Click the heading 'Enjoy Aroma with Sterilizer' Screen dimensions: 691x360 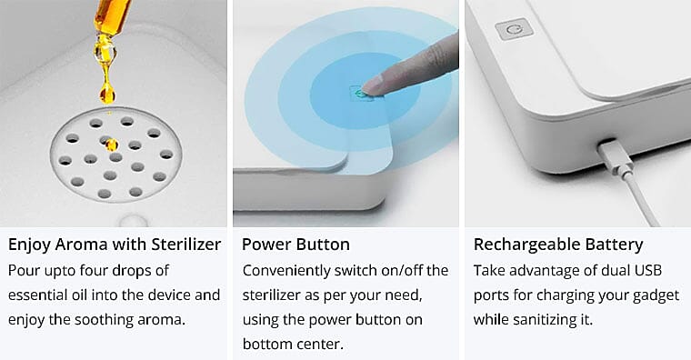pos(115,245)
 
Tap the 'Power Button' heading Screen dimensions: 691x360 pos(295,245)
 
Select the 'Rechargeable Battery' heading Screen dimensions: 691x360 pos(558,245)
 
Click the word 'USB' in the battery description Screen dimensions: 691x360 pos(647,270)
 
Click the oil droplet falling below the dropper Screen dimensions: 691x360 pos(107,95)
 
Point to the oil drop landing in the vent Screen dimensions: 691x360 pos(112,144)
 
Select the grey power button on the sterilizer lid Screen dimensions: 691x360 pos(514,29)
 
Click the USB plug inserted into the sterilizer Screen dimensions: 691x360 pos(616,158)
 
